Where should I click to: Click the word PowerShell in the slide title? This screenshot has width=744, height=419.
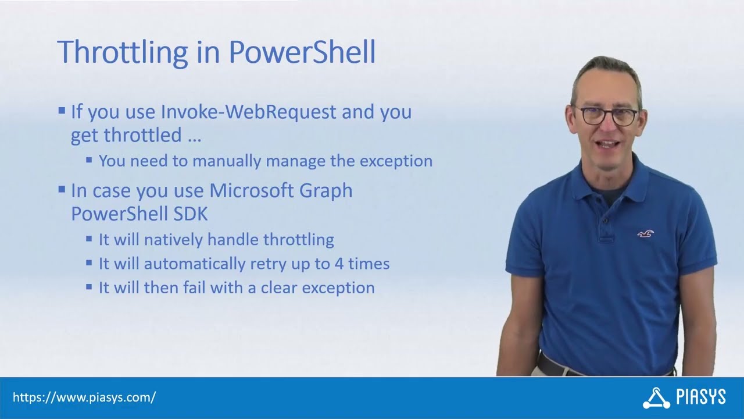[302, 52]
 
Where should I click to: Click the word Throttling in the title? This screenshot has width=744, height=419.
[122, 52]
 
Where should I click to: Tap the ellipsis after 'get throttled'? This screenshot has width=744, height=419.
[194, 136]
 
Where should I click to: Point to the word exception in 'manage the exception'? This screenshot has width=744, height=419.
[396, 161]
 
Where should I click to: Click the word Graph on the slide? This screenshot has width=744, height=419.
[328, 191]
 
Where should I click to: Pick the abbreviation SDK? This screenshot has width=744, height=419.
[190, 214]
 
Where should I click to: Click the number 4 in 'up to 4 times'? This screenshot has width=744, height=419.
[339, 264]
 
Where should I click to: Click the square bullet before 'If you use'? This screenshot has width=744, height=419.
[62, 111]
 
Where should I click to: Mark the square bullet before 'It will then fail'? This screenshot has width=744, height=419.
[89, 287]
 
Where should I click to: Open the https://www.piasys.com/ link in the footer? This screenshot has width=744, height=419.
[84, 398]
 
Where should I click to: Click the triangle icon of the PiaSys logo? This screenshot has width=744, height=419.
[656, 398]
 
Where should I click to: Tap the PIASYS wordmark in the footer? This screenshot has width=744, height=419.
[701, 398]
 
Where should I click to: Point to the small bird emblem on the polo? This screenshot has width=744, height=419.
[645, 234]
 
